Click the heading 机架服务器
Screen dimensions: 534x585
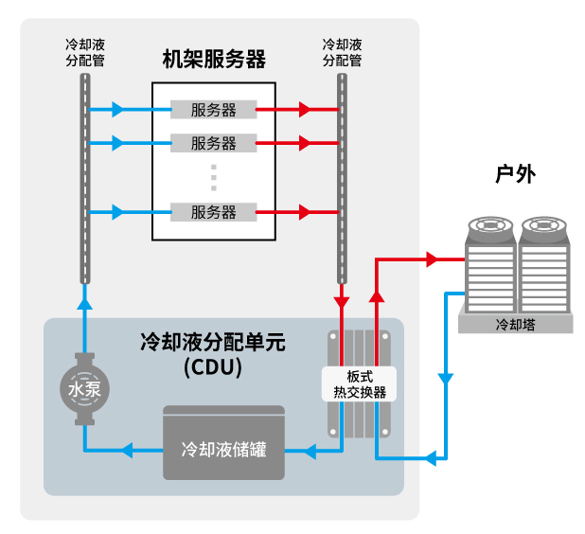tap(214, 59)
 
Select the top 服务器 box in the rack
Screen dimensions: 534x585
tap(214, 110)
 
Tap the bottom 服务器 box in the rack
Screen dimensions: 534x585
tap(214, 212)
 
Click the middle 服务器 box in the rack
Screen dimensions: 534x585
tap(214, 144)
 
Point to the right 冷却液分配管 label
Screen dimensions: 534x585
tap(342, 52)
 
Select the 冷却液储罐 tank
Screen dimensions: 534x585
tap(223, 446)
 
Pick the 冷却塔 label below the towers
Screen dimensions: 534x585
tap(516, 325)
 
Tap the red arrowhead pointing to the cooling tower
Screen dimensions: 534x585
tap(434, 258)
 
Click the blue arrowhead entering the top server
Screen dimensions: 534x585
tap(117, 110)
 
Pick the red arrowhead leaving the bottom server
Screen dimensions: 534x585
tap(305, 212)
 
